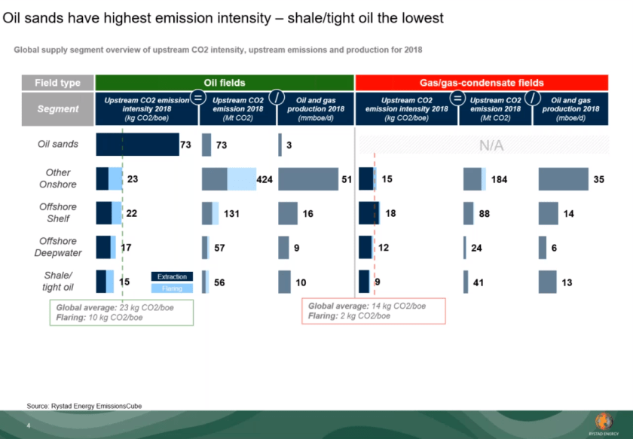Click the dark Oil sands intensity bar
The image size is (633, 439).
[x=138, y=145]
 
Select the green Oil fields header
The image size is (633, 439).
[x=225, y=83]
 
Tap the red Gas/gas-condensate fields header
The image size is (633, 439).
[x=482, y=83]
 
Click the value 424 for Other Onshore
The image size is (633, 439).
[x=265, y=179]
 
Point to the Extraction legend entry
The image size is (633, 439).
[x=172, y=276]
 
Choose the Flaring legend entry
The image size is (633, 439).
[x=172, y=288]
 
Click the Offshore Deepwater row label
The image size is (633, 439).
[x=58, y=247]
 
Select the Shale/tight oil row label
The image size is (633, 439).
[x=58, y=281]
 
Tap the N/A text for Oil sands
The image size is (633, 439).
[x=491, y=145]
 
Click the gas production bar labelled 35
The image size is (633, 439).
[x=563, y=179]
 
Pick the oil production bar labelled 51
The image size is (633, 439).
[x=308, y=179]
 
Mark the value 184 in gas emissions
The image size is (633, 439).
[x=500, y=179]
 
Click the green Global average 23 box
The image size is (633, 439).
[x=121, y=312]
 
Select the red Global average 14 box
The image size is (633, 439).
[x=374, y=311]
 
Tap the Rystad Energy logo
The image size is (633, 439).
[x=604, y=424]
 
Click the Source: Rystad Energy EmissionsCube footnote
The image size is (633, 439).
[x=84, y=406]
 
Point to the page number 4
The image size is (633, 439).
[x=29, y=425]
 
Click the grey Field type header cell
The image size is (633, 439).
[x=58, y=83]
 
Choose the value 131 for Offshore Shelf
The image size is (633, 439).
[x=232, y=213]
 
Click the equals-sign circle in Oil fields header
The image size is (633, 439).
[x=198, y=97]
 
